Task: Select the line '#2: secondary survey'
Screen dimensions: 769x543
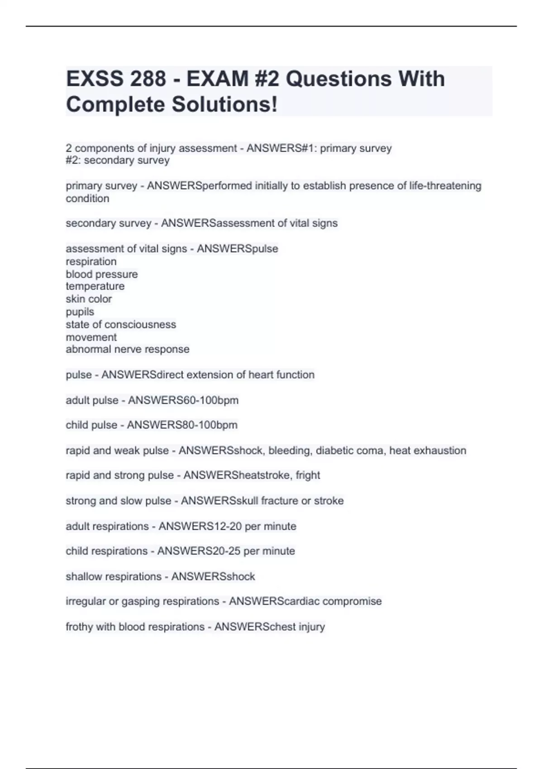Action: pos(118,160)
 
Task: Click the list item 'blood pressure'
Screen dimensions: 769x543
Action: pos(102,274)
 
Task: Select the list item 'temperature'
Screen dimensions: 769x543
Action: pos(95,286)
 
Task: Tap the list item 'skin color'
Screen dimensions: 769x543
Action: pos(89,299)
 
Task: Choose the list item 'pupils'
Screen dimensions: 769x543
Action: pos(80,312)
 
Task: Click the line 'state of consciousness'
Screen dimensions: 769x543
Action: pos(121,324)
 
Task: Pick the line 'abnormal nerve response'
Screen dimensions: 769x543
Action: pos(128,349)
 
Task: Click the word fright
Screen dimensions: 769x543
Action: pos(308,475)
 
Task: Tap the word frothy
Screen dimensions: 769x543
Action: pos(79,627)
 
